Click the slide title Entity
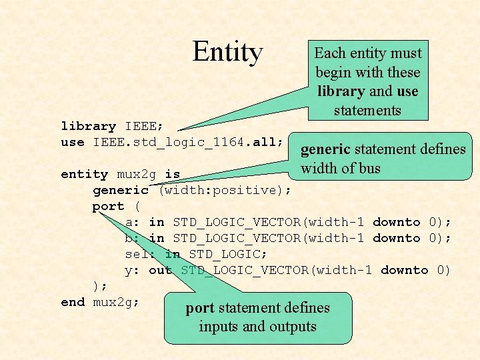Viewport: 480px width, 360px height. click(228, 51)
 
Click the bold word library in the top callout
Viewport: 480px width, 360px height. click(341, 91)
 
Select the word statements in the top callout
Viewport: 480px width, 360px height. click(367, 110)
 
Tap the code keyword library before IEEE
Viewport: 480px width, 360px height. click(88, 126)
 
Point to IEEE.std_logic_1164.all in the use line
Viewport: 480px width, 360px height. click(189, 142)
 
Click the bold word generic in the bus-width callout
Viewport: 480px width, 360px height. click(325, 149)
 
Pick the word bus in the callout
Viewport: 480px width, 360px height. click(369, 168)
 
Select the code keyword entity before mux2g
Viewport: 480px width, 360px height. click(84, 174)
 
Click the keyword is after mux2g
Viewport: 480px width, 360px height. click(172, 174)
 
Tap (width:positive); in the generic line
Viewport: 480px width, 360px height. click(225, 190)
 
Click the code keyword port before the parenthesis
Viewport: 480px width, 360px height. click(108, 206)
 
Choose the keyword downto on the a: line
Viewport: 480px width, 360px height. click(396, 222)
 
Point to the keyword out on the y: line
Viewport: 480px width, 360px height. click(160, 270)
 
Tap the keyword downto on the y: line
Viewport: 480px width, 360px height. click(404, 270)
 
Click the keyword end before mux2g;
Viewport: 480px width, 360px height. click(72, 302)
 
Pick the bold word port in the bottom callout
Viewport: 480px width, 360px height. click(199, 308)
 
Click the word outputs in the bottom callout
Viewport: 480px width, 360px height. click(292, 327)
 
